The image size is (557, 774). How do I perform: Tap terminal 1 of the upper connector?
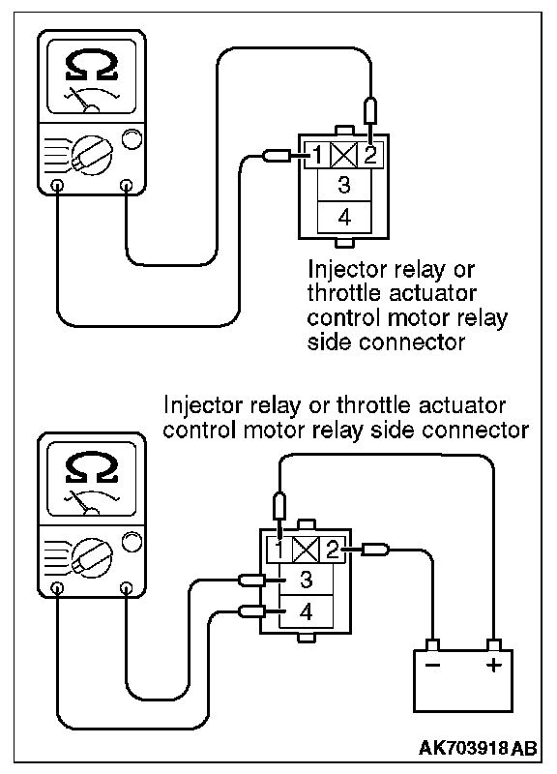317,156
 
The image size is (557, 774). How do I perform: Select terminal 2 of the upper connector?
370,156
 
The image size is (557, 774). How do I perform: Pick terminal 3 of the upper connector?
344,185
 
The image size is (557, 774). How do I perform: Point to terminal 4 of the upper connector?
344,217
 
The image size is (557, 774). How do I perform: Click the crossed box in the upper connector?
343,156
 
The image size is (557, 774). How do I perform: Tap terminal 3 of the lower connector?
306,579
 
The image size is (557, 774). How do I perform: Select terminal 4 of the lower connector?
306,612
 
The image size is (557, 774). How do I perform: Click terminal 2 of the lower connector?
332,550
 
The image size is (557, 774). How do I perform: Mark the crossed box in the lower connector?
306,550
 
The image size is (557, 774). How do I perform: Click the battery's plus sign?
493,666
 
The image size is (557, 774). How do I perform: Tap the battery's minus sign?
432,666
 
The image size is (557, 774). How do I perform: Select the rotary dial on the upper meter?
91,155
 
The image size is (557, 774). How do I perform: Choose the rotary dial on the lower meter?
91,555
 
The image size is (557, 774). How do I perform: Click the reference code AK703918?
463,748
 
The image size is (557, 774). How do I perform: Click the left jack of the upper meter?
58,186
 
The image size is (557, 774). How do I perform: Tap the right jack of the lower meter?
127,587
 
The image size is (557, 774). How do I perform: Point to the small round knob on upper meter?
132,138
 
